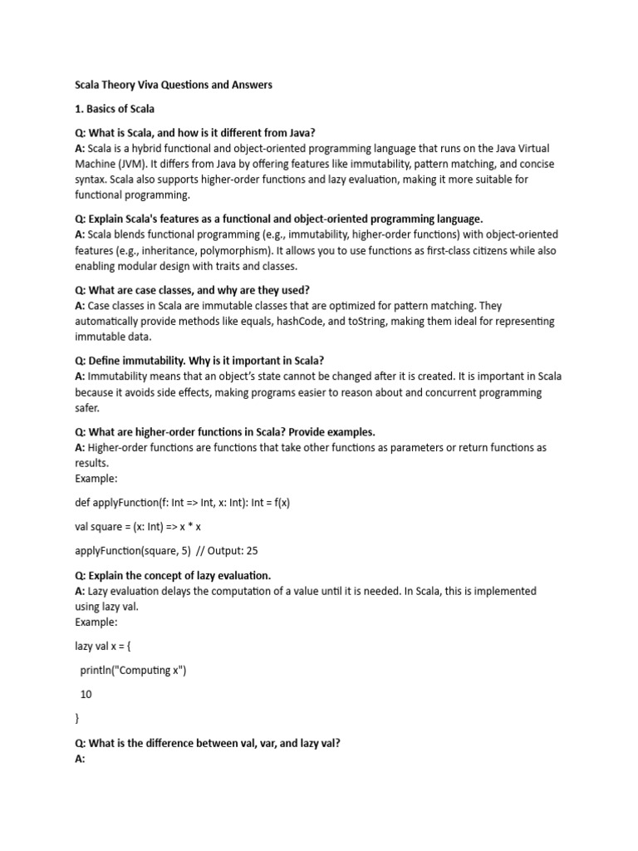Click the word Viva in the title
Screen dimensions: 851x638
(158, 85)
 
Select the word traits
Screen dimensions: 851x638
(218, 266)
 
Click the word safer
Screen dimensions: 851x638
(86, 408)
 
